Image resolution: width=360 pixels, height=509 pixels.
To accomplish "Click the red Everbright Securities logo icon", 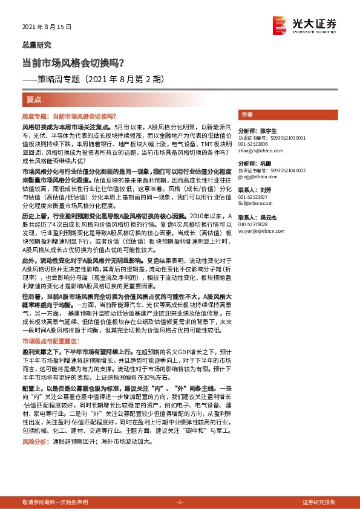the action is click(280, 25).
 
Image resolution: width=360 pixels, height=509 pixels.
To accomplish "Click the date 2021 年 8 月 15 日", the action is click(47, 27).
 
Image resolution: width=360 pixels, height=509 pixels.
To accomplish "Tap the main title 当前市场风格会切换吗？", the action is click(73, 62).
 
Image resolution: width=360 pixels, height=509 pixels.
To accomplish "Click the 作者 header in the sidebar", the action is click(247, 114).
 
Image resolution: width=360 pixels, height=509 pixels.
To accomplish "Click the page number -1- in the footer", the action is click(179, 502).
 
